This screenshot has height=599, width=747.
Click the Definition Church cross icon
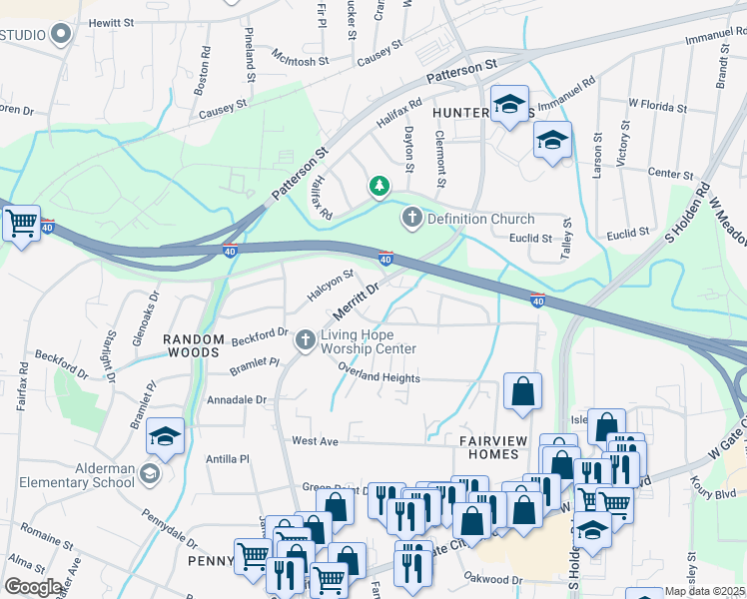[x=411, y=218]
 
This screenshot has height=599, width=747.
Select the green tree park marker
[x=378, y=186]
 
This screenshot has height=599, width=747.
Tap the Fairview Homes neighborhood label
[x=489, y=446]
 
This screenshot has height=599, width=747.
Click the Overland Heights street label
[x=378, y=378]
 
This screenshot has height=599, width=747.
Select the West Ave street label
[x=316, y=440]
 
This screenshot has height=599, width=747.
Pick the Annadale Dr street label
[x=237, y=399]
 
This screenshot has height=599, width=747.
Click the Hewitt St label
[x=111, y=22]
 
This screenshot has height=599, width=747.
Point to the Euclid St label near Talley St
[x=532, y=239]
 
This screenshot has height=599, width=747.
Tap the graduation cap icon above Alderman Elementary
[x=165, y=435]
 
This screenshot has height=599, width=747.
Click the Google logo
[x=34, y=587]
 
